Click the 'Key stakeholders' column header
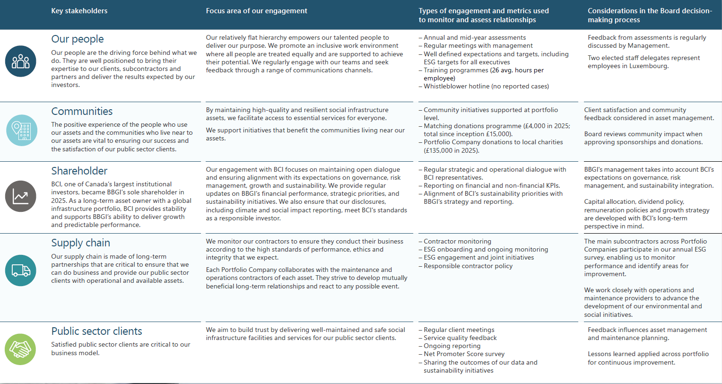click(x=79, y=11)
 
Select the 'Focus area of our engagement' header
click(x=256, y=11)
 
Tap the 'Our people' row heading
click(x=78, y=39)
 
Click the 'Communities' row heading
click(x=82, y=112)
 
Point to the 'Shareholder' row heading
click(x=79, y=171)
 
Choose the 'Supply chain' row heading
click(x=80, y=243)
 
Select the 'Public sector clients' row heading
click(x=96, y=332)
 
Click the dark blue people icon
click(x=21, y=61)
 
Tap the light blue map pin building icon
click(x=21, y=130)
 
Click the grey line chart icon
click(x=21, y=196)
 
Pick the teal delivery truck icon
click(x=21, y=271)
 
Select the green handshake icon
click(x=20, y=349)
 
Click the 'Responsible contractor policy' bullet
click(x=468, y=266)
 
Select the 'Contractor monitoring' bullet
click(x=457, y=242)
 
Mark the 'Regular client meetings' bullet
click(x=459, y=330)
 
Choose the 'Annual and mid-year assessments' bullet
click(x=474, y=38)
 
